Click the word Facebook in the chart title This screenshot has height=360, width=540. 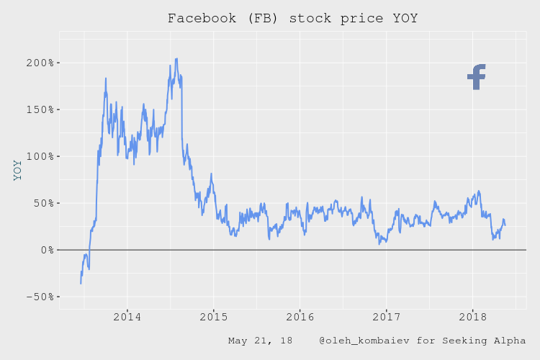point(199,18)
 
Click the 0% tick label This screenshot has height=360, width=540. point(44,251)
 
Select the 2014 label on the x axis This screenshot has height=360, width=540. point(127,317)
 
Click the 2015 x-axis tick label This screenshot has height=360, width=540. point(214,317)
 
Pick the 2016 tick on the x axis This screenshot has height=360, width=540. point(300,317)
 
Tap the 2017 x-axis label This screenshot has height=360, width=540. point(387,317)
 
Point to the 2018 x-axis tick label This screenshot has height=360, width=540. point(473,317)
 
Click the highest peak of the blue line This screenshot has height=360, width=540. point(176,59)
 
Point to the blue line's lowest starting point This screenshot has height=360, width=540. point(81,283)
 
